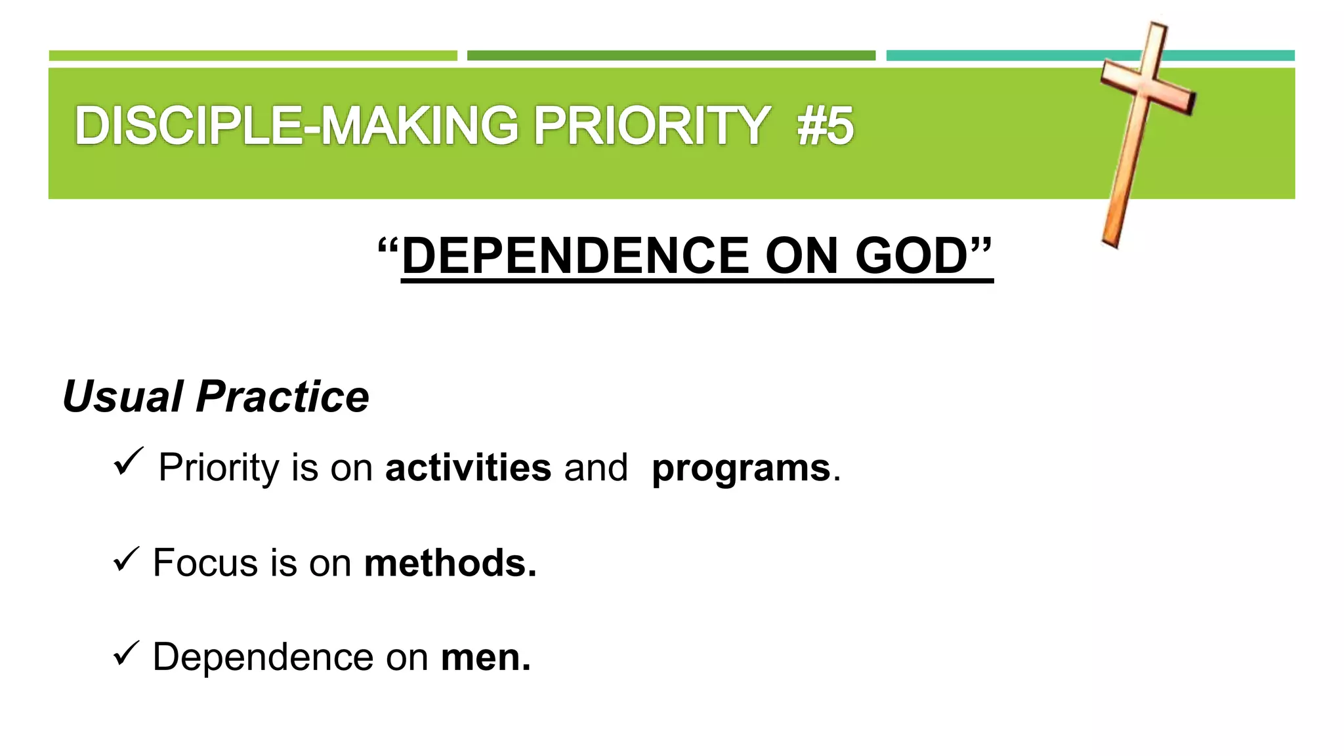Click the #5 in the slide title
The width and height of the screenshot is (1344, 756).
click(825, 126)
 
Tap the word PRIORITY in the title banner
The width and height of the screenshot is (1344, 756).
click(651, 126)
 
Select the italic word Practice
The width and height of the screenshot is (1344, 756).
click(282, 397)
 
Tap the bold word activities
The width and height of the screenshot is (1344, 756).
click(468, 468)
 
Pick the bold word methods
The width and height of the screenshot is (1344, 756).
click(450, 563)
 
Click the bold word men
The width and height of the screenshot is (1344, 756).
click(486, 658)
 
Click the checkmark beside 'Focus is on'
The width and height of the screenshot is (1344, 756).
click(125, 559)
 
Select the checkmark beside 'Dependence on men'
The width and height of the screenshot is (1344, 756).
click(125, 653)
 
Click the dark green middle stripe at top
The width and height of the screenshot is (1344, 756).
click(671, 56)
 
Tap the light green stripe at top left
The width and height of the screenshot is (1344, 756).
click(253, 56)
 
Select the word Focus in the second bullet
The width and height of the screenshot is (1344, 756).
click(205, 563)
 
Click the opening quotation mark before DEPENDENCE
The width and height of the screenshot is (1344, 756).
click(388, 249)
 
